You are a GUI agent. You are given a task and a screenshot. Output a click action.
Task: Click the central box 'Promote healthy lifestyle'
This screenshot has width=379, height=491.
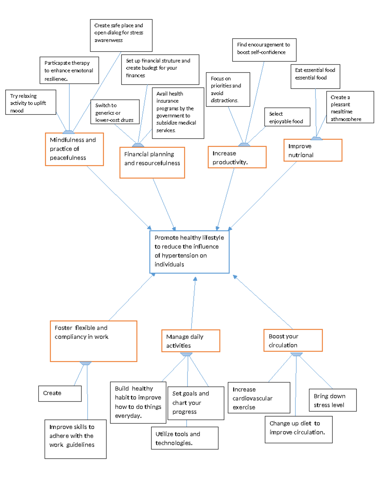tap(189, 252)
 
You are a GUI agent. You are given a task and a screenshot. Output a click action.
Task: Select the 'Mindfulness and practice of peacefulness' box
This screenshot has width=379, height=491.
tap(74, 149)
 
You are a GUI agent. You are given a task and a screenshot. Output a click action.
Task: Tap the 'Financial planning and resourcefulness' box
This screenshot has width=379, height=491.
tap(152, 163)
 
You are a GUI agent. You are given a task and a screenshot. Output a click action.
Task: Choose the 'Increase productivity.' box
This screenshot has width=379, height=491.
tap(237, 157)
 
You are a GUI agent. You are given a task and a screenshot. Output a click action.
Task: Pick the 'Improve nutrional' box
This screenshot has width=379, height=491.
tap(313, 150)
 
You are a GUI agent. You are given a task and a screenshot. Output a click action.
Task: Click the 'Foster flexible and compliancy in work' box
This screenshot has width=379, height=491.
tap(93, 341)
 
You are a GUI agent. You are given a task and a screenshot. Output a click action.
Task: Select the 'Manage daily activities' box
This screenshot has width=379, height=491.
tap(190, 341)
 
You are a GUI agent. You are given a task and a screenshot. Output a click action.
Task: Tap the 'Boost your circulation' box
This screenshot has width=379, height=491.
tap(293, 340)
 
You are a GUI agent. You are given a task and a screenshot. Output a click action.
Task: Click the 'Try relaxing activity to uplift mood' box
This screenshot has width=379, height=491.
tap(31, 102)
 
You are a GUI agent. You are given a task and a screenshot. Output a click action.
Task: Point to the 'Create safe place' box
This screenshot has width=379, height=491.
tap(121, 35)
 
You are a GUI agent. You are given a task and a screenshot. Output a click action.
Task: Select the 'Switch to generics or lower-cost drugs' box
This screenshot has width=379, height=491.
tap(115, 112)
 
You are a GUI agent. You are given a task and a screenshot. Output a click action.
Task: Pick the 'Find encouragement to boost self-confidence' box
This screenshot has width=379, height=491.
tap(264, 50)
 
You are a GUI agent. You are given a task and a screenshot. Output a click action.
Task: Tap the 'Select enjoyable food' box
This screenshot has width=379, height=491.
tap(287, 117)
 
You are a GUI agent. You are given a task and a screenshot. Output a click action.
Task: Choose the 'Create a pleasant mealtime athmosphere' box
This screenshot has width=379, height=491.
tap(350, 107)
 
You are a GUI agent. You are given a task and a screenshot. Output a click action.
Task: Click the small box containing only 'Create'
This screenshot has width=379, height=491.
tap(60, 393)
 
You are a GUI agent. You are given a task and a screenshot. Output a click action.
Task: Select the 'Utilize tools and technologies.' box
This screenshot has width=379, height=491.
tap(184, 438)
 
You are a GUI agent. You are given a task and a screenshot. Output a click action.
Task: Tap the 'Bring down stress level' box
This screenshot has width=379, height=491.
tap(332, 400)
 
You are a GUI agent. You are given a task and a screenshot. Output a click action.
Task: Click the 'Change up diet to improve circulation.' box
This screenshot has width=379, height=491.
tap(298, 429)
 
